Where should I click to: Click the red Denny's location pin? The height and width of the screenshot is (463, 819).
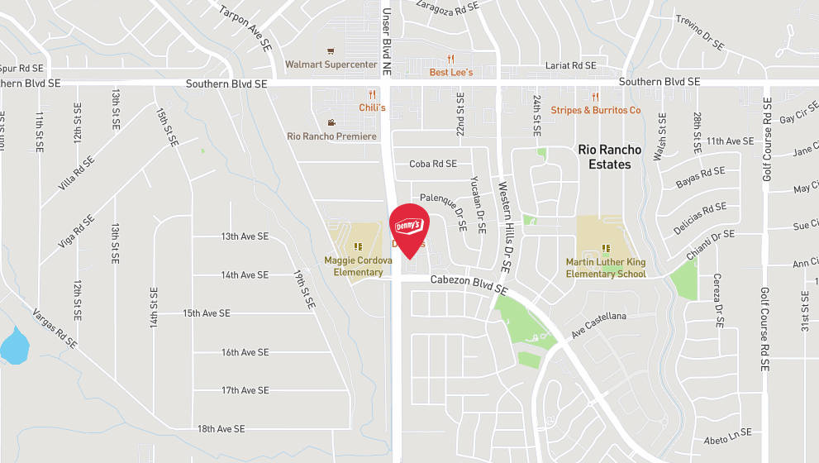[407, 226]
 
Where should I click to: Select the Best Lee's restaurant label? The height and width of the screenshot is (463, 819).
[451, 73]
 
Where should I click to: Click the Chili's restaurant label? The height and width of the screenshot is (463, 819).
[372, 107]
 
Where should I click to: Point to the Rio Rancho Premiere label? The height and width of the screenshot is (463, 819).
[331, 136]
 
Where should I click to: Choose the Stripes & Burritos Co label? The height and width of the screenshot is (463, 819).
[595, 110]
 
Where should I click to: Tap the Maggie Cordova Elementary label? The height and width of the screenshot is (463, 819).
[358, 266]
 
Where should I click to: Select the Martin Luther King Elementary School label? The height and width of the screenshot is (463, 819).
[606, 268]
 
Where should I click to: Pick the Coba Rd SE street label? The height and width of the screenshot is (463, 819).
[433, 164]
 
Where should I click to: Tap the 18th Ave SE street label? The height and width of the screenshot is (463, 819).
[221, 429]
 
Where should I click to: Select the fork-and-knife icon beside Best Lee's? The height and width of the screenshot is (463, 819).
[451, 59]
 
